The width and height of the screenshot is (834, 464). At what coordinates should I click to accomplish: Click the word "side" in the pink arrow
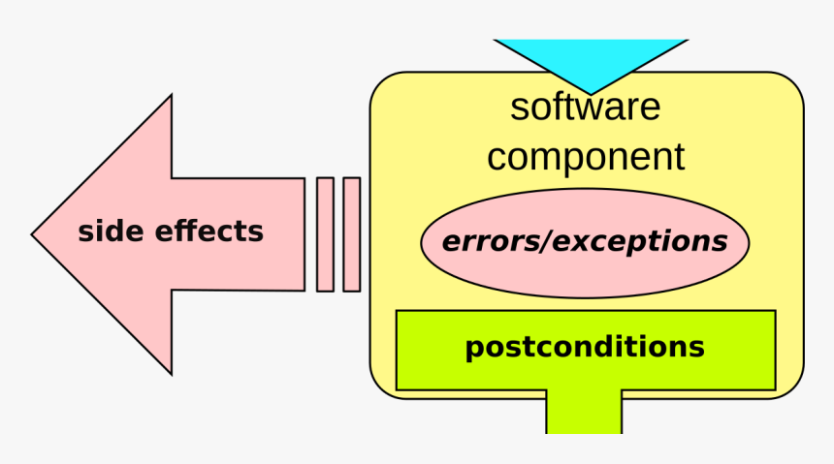111,232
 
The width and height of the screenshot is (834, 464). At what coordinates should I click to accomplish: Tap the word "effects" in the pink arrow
209,232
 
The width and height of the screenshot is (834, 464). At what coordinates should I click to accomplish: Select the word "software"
585,107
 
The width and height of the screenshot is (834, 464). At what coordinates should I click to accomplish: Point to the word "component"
586,157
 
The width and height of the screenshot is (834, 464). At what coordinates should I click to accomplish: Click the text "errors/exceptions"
585,242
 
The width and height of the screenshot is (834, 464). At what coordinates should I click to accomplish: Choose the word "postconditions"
585,348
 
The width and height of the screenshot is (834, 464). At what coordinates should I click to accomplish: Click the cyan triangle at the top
591,58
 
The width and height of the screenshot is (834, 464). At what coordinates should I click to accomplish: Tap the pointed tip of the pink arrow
32,234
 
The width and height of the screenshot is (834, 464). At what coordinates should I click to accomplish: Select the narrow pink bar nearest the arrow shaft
325,234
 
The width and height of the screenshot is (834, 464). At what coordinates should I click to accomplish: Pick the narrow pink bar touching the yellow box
352,234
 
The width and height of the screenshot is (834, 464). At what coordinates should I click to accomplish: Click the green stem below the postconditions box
584,412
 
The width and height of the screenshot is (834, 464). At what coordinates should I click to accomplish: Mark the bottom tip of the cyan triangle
591,95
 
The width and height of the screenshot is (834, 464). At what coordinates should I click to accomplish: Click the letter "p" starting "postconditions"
475,351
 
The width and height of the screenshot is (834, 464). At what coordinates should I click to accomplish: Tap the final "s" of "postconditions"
696,349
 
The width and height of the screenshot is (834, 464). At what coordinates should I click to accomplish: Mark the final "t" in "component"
679,156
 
